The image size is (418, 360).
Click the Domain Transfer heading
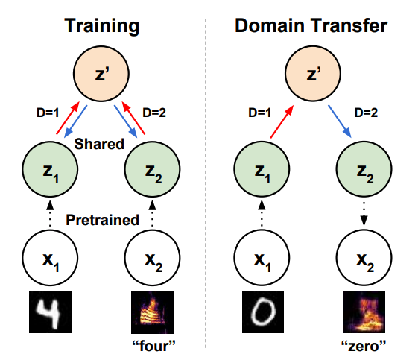pos(310,25)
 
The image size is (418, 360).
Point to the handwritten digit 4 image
pos(48,312)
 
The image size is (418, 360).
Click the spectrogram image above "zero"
pos(364,312)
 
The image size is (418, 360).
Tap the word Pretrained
pos(103,220)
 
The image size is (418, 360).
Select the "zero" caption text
pos(364,346)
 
